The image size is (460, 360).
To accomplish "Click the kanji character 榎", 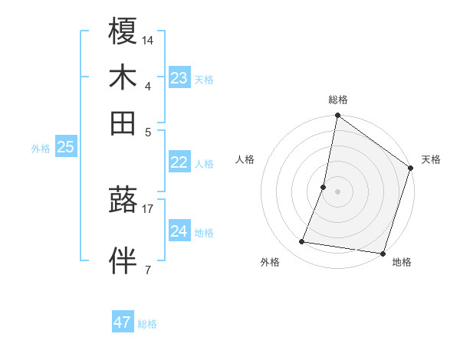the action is point(123,32).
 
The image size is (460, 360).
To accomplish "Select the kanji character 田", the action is point(123,123).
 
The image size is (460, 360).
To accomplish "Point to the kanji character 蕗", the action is point(123,201).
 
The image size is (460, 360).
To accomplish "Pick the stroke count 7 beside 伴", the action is point(148,270).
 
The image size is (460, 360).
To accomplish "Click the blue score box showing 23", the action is point(179,78).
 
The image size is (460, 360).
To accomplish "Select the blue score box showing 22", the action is point(179,162).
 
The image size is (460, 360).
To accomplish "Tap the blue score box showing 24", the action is point(179,231).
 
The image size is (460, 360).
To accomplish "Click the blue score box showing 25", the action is point(65,148).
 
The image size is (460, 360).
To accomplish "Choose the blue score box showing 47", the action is point(123,322).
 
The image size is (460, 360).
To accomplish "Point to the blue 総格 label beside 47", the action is point(147,324).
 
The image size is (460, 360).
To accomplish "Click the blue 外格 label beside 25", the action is point(41,149).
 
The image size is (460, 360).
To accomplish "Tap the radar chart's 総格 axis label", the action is point(338,100).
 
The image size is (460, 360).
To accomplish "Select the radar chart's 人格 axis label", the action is point(245,159).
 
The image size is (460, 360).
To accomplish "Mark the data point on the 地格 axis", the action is point(383,254).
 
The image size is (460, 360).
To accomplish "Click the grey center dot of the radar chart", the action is point(337,191).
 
